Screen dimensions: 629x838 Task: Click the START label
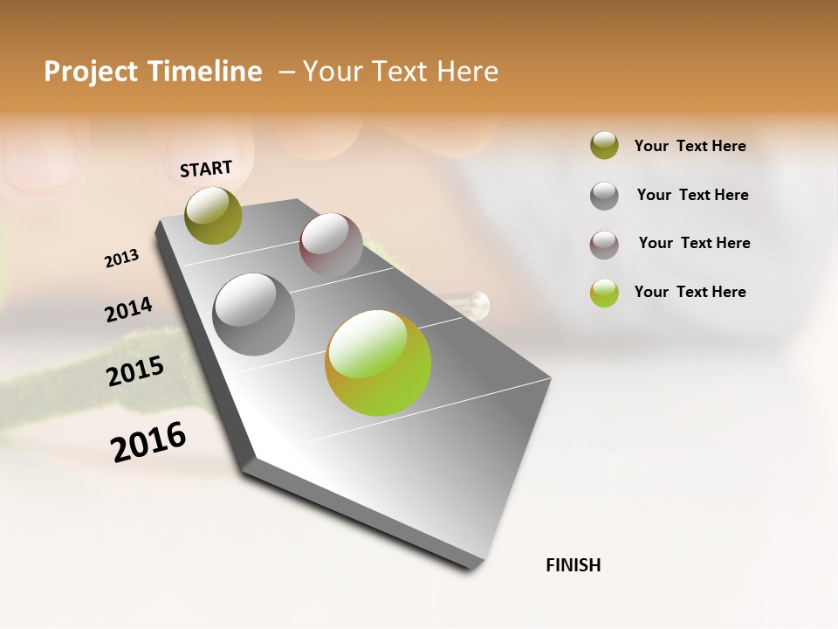point(206,168)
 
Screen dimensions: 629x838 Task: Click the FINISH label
point(574,565)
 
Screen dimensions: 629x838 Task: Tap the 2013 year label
point(121,259)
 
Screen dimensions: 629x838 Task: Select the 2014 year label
point(128,310)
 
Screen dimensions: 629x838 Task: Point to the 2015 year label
point(135,371)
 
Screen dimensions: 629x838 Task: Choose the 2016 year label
point(148,442)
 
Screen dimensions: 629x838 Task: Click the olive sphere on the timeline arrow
point(214,215)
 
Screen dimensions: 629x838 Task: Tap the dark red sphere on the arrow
point(331,245)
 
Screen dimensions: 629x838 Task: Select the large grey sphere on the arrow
point(254,314)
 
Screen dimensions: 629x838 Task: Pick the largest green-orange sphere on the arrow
point(378,363)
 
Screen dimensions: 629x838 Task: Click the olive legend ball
point(604,146)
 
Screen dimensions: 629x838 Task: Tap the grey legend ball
point(604,195)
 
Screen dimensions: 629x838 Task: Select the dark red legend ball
point(604,244)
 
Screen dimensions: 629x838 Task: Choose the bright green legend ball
point(604,293)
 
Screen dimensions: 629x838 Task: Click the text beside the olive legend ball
point(690,146)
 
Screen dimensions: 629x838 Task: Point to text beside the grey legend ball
point(692,195)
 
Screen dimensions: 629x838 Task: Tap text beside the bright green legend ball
point(690,292)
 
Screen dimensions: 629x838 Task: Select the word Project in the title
point(90,72)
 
